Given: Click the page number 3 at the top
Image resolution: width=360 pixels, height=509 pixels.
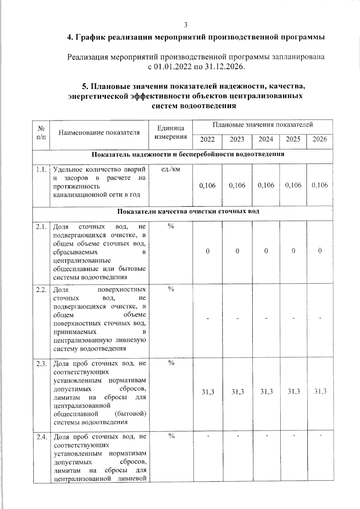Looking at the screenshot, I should point(186,25).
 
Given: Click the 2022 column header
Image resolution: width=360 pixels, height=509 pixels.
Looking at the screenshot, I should point(207,139).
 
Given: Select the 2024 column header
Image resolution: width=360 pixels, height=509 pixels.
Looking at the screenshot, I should point(266,139).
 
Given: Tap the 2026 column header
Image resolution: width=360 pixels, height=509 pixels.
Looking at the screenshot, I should point(319,139).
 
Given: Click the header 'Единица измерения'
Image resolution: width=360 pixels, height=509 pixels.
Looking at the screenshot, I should point(171,132).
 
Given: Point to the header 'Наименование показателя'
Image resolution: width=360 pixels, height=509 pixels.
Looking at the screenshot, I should point(99,132).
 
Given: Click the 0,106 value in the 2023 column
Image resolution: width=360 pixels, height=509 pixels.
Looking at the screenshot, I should point(237,185).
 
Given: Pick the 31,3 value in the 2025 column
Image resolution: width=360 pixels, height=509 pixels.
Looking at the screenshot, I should point(293,391).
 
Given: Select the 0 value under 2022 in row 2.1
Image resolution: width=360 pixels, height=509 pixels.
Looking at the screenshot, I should point(208,251).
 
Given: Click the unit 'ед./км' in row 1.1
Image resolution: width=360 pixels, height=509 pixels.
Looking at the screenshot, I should point(171,169).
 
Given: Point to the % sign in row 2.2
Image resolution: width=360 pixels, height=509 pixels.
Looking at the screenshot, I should point(171,289).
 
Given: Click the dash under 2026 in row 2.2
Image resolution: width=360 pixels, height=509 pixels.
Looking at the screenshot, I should point(320,318).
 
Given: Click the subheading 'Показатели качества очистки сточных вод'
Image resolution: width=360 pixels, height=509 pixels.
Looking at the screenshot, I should point(188,211).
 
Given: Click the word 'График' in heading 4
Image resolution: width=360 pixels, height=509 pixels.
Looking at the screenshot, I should point(88,37).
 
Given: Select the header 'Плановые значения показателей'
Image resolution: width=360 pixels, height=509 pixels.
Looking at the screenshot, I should point(263,124).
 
